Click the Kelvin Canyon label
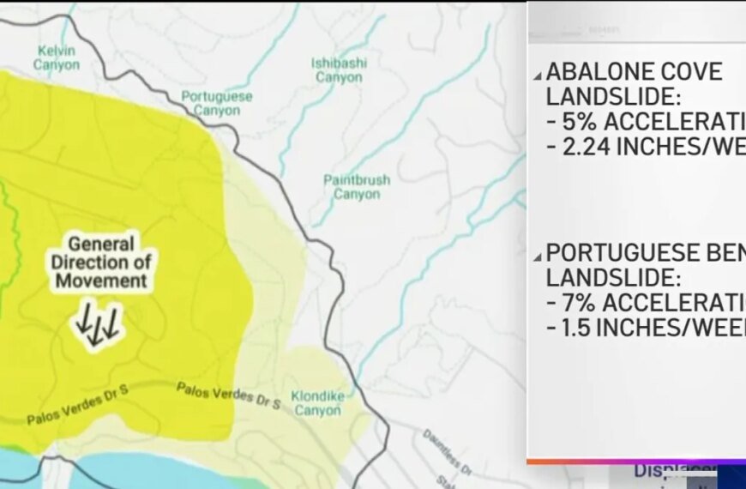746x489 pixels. click(57, 57)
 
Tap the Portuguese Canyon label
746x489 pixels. click(217, 103)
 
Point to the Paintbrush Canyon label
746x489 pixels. click(357, 187)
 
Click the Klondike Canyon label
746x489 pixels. click(317, 403)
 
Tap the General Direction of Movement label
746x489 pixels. click(101, 262)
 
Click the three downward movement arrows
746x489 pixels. click(97, 326)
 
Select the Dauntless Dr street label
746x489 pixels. click(447, 452)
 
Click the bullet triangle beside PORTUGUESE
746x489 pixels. click(536, 255)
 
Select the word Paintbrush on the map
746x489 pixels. click(357, 180)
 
